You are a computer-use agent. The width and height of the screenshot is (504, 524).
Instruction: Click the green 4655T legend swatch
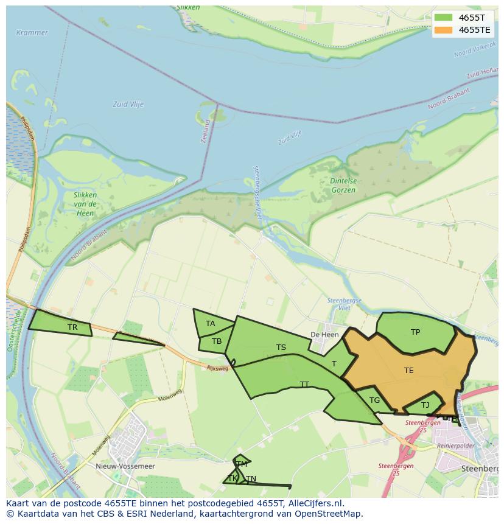click(443, 18)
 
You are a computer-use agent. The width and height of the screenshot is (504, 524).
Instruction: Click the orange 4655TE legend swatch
click(443, 30)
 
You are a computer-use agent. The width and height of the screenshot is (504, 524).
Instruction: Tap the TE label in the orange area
click(408, 370)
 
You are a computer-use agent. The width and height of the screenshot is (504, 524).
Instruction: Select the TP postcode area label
click(415, 332)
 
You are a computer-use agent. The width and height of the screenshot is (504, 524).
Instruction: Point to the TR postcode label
click(72, 327)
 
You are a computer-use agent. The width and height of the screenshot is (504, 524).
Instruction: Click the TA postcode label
click(210, 324)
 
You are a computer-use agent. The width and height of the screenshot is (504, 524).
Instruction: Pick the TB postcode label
click(217, 341)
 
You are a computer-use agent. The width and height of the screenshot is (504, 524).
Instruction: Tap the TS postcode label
click(281, 348)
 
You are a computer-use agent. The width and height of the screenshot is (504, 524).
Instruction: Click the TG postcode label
click(374, 400)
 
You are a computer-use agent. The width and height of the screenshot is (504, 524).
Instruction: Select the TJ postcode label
click(425, 405)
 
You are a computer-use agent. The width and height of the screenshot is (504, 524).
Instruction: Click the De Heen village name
click(324, 335)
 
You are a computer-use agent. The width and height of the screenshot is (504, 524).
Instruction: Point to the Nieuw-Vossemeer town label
click(125, 466)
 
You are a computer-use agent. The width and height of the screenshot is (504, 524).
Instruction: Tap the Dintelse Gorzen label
click(343, 186)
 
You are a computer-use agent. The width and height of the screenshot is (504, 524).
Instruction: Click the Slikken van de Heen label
click(85, 203)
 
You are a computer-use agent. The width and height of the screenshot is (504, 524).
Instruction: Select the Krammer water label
click(32, 32)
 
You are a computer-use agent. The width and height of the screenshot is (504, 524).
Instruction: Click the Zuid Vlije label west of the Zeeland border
click(128, 105)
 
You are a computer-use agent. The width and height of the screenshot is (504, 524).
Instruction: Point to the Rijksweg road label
click(217, 368)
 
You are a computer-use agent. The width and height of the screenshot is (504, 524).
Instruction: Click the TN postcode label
click(251, 479)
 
